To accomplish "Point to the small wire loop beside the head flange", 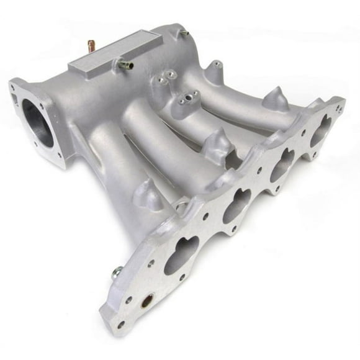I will (x=181, y=200).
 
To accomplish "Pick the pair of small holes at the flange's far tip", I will (x=340, y=110).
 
